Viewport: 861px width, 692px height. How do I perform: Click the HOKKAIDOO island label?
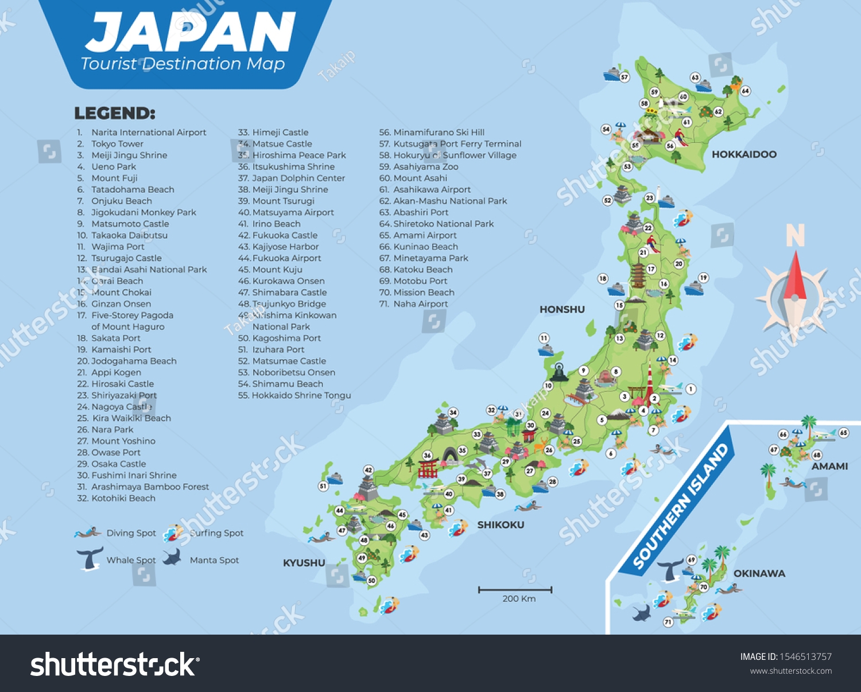744,154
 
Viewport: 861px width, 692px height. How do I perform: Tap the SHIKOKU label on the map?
501,524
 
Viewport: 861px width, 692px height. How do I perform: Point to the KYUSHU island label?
304,563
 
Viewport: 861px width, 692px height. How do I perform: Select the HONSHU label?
562,309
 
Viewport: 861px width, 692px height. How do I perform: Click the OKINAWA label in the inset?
759,573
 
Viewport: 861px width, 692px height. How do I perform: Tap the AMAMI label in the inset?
829,466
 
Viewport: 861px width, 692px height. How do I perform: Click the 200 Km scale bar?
515,590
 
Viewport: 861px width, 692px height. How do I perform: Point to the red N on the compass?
795,235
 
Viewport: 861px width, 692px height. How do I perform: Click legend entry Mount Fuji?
114,178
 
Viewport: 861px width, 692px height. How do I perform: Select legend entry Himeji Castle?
280,132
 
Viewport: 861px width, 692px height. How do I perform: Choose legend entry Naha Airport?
420,304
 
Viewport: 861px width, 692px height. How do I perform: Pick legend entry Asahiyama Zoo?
425,166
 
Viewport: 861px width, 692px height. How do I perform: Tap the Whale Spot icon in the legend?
90,558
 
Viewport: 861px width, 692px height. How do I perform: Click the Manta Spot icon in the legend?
172,557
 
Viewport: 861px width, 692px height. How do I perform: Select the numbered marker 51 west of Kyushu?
323,486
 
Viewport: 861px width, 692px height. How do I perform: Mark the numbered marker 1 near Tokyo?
691,389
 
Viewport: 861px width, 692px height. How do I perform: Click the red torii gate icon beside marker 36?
428,469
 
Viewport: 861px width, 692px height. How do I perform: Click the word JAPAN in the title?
191,33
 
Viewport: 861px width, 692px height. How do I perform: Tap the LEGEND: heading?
115,113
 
